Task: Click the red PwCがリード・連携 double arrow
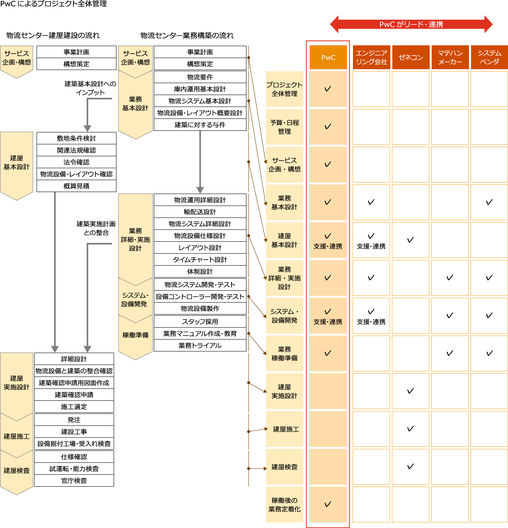coord(411,24)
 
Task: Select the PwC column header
coord(328,57)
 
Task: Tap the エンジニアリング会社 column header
coord(371,57)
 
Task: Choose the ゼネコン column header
coord(411,57)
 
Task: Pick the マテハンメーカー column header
coord(450,57)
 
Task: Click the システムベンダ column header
coord(489,57)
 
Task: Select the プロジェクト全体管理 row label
coord(284,89)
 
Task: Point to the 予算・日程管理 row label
coord(284,127)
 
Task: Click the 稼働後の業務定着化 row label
coord(284,505)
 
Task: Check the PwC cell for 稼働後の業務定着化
coord(328,505)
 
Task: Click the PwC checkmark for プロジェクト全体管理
coord(328,89)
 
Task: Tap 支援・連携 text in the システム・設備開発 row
coord(328,322)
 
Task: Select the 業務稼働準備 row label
coord(284,353)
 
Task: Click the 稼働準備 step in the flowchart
coord(135,335)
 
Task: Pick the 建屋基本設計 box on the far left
coord(17,163)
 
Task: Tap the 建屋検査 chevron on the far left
coord(17,471)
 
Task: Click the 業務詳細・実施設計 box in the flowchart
coord(135,239)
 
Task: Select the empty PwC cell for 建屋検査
coord(328,467)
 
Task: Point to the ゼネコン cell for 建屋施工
coord(411,429)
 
